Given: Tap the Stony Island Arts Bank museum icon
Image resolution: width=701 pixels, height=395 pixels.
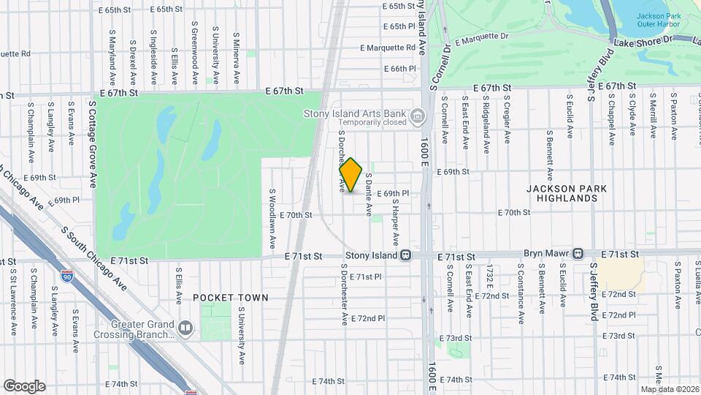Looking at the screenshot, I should pos(417,116).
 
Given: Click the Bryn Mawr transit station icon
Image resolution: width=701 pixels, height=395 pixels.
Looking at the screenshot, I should pos(578,254).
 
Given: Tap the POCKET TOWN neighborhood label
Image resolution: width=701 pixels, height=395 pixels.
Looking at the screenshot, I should pos(231,298).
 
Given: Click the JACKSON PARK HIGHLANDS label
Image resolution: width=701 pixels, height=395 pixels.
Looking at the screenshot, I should pos(567,193).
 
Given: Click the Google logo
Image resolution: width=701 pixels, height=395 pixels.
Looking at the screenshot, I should pos(24,385).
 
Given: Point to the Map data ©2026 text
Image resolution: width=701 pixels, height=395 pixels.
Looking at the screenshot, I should pos(670,389).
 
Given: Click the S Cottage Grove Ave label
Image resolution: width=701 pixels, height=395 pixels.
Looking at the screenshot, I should pos(93,144).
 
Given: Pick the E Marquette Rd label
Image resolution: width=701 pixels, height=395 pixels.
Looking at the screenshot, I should pos(388,48).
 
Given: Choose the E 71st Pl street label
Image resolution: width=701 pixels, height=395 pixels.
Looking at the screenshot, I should pos(366,277).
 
